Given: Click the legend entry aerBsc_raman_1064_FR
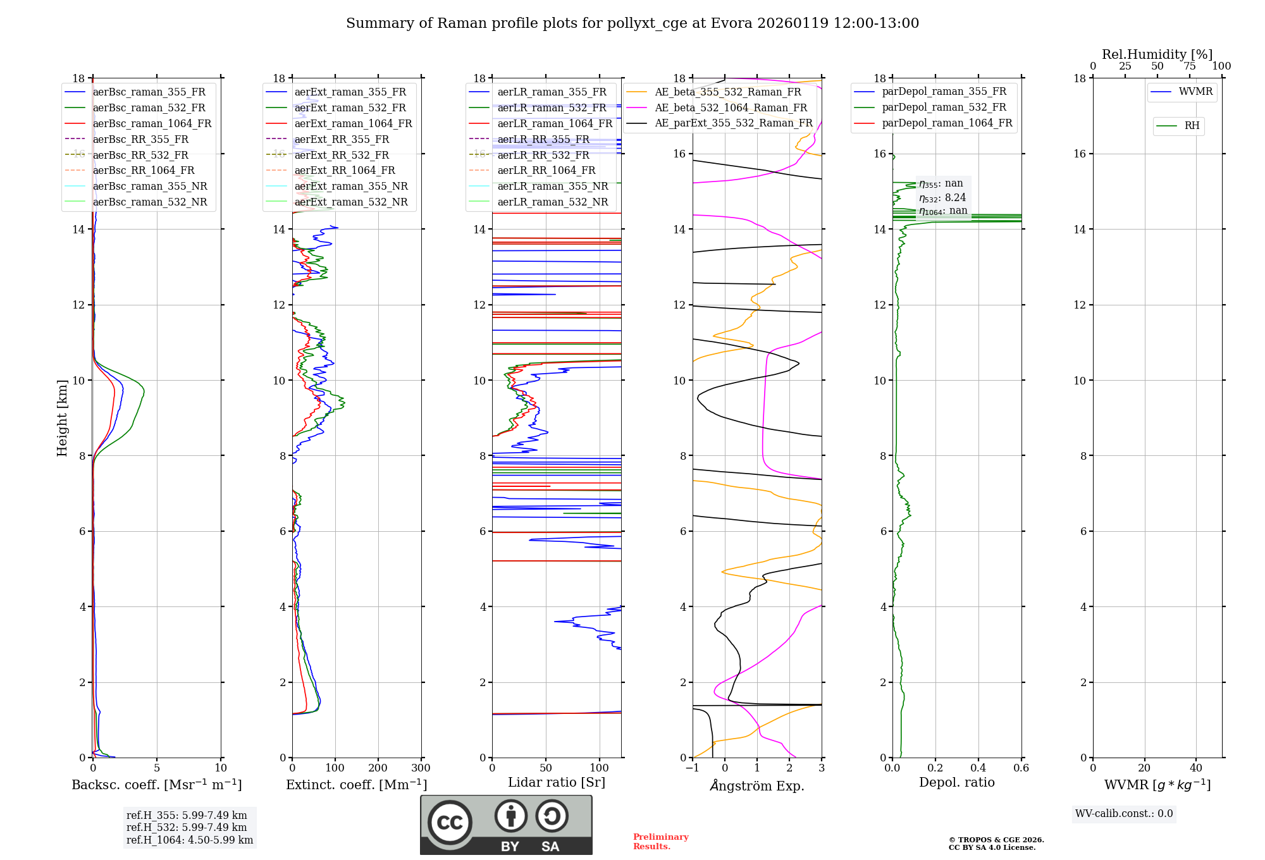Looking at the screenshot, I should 152,124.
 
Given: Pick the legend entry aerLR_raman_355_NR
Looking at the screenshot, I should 552,187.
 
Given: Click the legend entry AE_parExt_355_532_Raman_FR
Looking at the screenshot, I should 733,123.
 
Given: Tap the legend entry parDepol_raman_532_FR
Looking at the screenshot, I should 944,107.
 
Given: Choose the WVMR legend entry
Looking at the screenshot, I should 1195,92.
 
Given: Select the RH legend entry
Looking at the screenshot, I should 1192,126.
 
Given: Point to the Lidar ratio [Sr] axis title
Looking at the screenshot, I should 557,782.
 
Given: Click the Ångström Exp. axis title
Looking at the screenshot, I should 757,785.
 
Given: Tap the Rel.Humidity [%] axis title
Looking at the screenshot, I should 1157,54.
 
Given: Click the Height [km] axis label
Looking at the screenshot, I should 62,418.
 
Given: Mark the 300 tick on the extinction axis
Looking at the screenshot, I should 421,768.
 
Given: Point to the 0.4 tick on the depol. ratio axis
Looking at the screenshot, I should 978,768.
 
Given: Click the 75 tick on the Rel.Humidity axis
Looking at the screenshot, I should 1189,66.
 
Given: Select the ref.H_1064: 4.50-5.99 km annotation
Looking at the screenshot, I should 190,840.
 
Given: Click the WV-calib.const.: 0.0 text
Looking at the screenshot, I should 1124,814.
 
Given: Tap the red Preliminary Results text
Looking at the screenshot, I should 660,842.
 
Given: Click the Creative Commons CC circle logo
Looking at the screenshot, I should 450,823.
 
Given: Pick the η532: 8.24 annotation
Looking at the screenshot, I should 942,198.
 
